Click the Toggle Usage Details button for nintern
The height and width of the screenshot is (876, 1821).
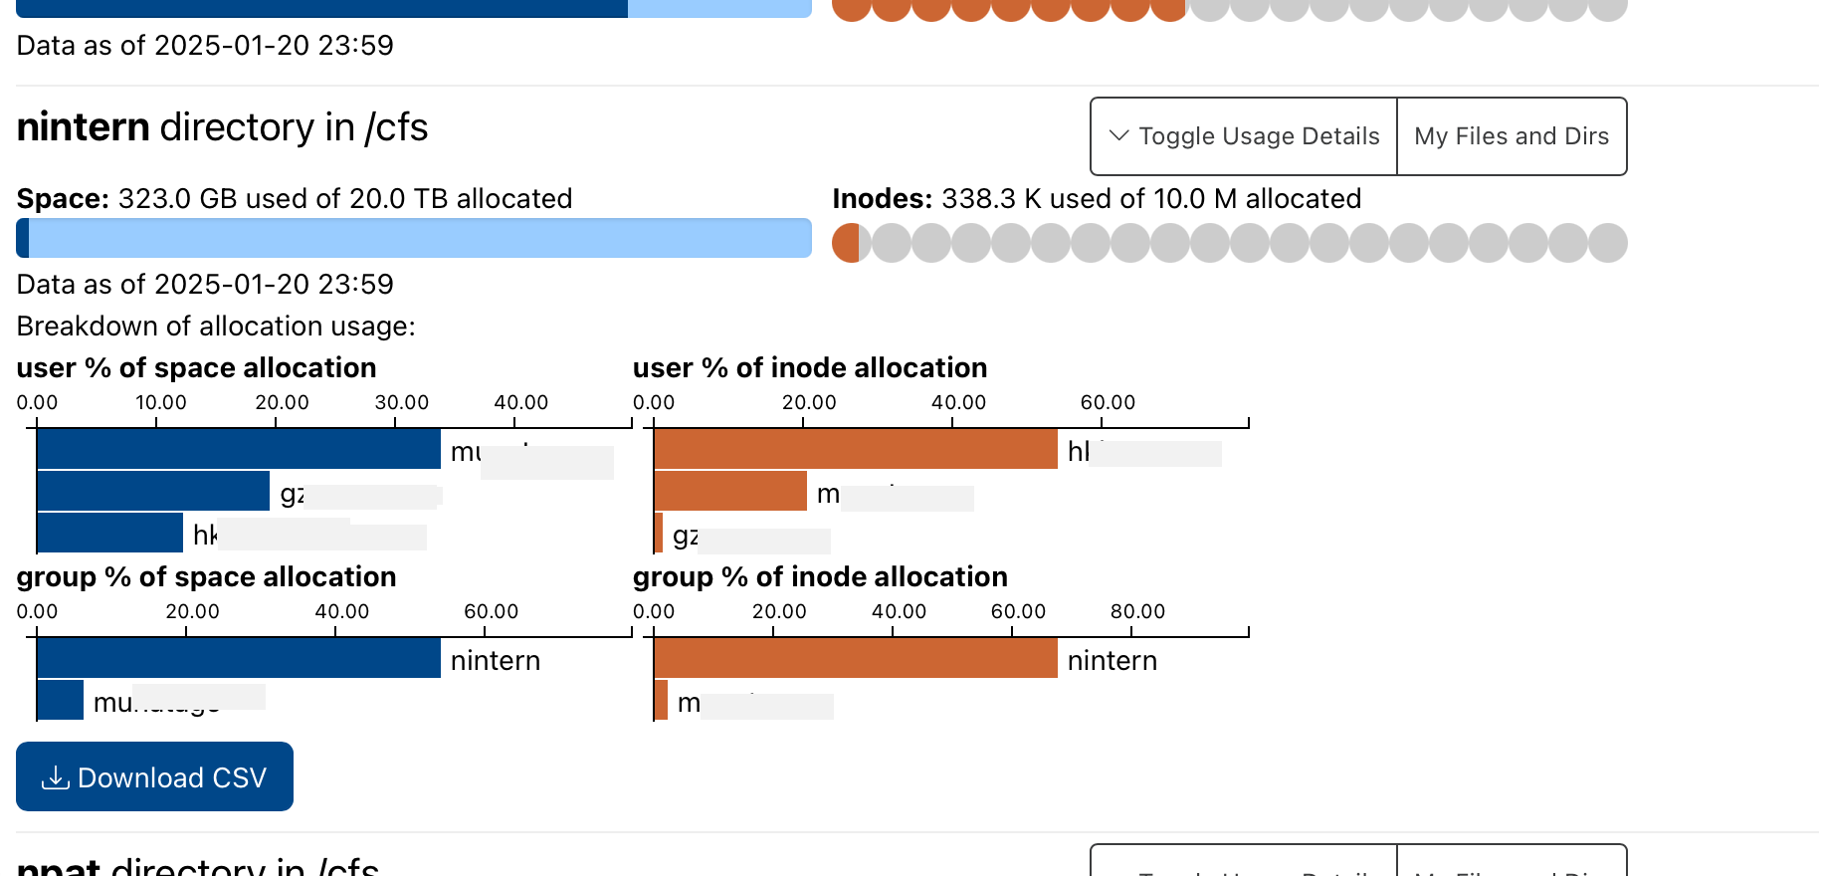tap(1244, 136)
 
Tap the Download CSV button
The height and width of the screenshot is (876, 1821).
tap(154, 776)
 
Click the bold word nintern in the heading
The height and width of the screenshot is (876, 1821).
tap(83, 127)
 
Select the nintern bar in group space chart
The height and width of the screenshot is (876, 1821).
tap(238, 658)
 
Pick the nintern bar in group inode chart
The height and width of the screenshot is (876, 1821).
tap(856, 658)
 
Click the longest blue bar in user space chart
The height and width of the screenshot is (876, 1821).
tap(238, 449)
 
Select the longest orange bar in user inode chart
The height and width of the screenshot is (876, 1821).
tap(856, 449)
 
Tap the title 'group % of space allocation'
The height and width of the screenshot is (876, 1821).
tap(206, 576)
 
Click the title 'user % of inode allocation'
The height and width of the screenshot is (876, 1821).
tap(809, 367)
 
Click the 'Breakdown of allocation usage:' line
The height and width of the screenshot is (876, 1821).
tap(216, 326)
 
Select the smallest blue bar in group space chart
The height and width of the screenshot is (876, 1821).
tap(60, 700)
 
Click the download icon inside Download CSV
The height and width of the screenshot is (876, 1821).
tap(55, 777)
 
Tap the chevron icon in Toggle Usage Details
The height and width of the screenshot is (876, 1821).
tap(1118, 135)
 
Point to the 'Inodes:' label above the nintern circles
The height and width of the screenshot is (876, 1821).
tap(881, 198)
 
